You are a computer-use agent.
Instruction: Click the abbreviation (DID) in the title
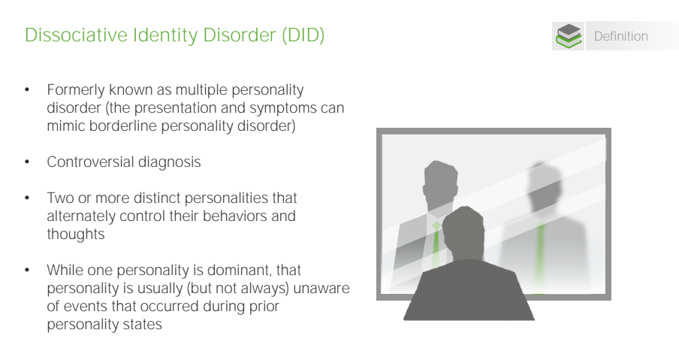coord(303,35)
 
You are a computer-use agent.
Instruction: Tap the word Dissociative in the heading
coord(76,35)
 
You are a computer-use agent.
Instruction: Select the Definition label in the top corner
coord(621,36)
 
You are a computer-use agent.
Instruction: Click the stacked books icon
coord(568,36)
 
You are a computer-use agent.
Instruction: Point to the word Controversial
coord(90,162)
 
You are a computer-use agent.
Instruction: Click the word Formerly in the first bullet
coord(76,90)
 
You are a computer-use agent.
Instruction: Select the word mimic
coord(66,126)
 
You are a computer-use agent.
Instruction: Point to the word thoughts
coord(76,234)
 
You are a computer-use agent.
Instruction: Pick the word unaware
coord(321,289)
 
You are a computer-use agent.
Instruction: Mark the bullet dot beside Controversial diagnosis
coord(27,162)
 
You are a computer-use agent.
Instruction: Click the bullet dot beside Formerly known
coord(27,90)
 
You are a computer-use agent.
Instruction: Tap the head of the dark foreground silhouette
coord(463,232)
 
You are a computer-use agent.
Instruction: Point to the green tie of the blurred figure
coord(540,256)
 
